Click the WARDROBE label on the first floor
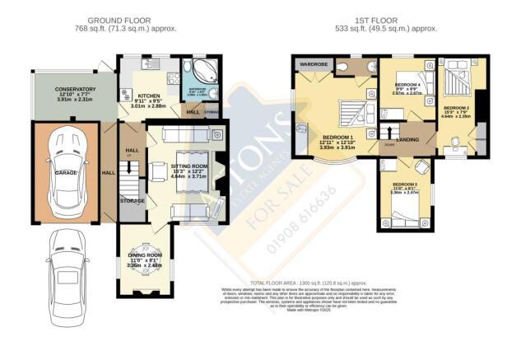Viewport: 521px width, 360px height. (314, 63)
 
